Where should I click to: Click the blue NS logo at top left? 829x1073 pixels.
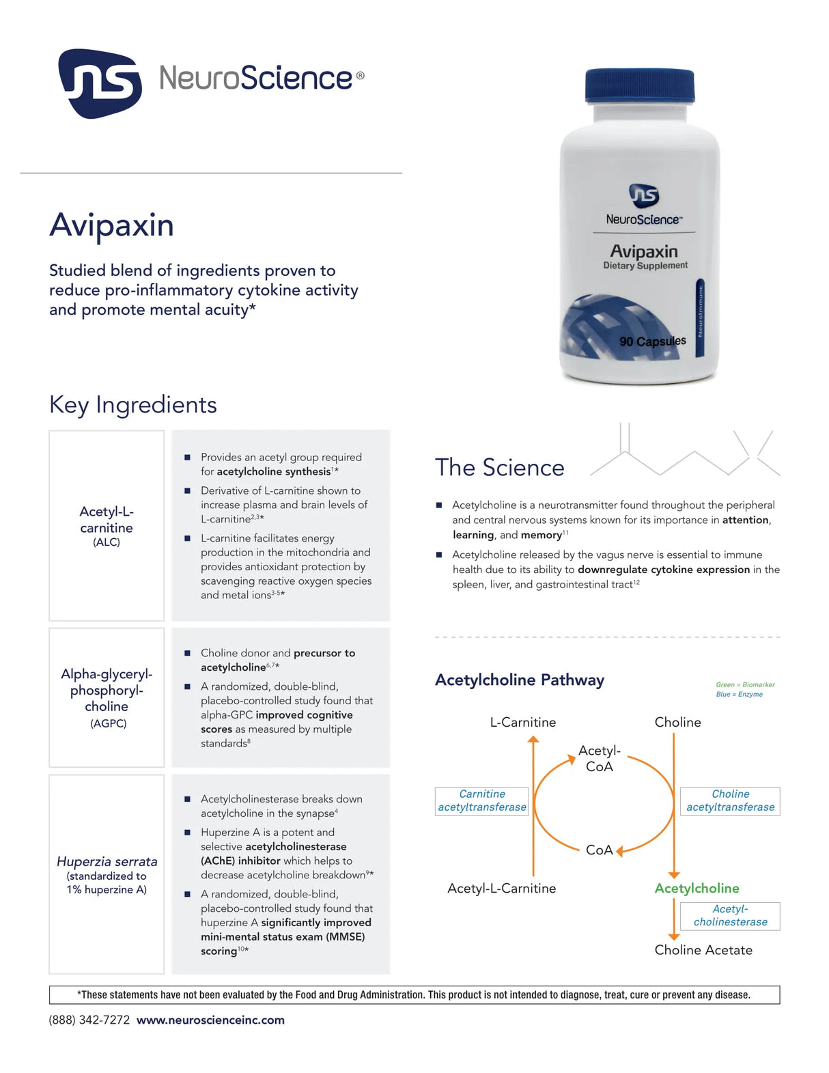100,83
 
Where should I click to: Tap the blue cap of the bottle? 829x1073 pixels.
639,86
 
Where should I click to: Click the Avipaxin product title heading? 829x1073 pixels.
111,225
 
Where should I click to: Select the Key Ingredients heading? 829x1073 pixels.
133,404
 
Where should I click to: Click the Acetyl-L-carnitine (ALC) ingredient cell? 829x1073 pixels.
107,525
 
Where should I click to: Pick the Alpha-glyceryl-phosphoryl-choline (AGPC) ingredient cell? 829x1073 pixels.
107,697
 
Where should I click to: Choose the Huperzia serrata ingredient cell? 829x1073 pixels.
107,874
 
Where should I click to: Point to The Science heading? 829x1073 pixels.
500,467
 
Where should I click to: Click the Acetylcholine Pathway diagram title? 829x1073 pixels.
520,680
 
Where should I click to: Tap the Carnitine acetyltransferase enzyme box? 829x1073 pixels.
482,800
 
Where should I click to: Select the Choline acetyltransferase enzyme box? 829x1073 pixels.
730,800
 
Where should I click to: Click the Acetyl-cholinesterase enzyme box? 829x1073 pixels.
730,915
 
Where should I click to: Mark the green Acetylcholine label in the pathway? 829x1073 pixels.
697,888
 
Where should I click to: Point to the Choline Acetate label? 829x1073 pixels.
703,949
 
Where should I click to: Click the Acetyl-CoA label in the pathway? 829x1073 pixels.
600,758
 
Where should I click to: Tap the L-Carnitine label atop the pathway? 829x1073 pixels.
523,722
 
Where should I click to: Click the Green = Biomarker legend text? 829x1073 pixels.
745,684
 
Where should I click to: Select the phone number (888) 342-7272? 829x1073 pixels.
89,1020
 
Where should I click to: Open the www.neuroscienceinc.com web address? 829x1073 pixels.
210,1020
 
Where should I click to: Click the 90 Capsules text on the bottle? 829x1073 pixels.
652,341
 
